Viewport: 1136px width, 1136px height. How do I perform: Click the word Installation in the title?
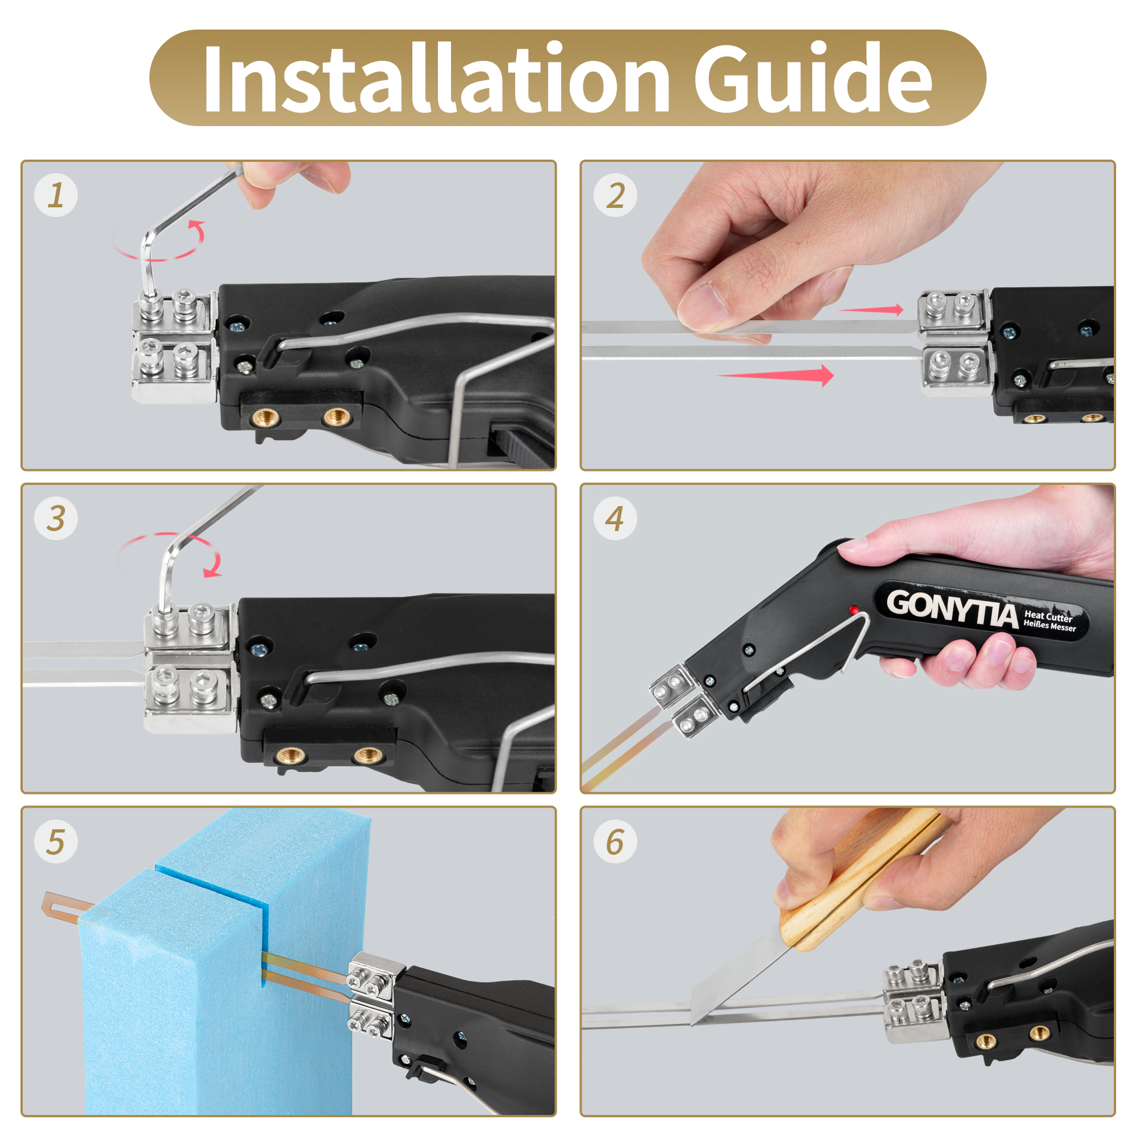click(x=436, y=78)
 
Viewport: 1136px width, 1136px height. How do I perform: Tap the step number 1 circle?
click(x=56, y=195)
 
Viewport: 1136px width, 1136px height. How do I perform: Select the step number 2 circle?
click(x=615, y=195)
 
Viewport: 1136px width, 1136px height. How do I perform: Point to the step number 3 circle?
click(x=56, y=518)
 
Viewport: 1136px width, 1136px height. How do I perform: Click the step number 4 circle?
click(x=615, y=518)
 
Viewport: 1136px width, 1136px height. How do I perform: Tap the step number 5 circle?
click(x=56, y=841)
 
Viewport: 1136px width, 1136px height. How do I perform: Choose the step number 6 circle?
click(x=615, y=841)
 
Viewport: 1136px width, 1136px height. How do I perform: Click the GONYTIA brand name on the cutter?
click(x=951, y=609)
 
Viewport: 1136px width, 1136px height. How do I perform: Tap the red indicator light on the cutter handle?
click(x=854, y=609)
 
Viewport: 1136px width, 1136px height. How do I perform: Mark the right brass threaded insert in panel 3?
click(x=369, y=755)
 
